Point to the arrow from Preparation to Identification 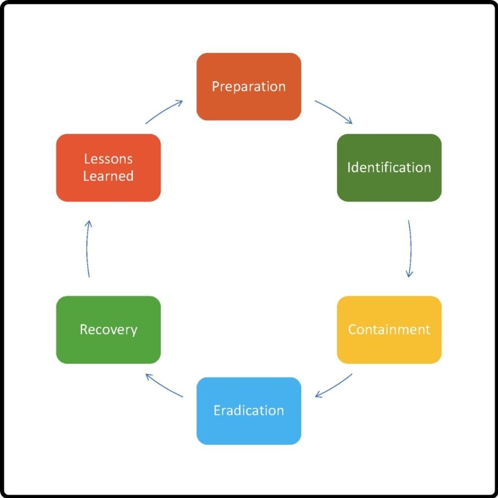(x=335, y=111)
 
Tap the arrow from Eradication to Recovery (x=164, y=385)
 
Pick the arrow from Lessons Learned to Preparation (x=164, y=111)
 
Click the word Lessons (x=108, y=159)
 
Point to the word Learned (x=108, y=176)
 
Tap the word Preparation (x=249, y=87)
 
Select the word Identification (x=389, y=168)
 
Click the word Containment (x=389, y=330)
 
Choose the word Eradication (x=249, y=410)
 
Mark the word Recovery (x=108, y=330)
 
